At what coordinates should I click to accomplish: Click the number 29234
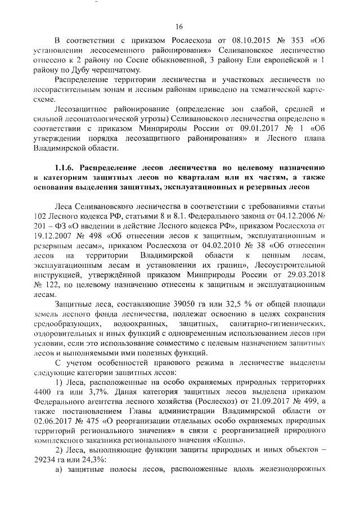44,460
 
